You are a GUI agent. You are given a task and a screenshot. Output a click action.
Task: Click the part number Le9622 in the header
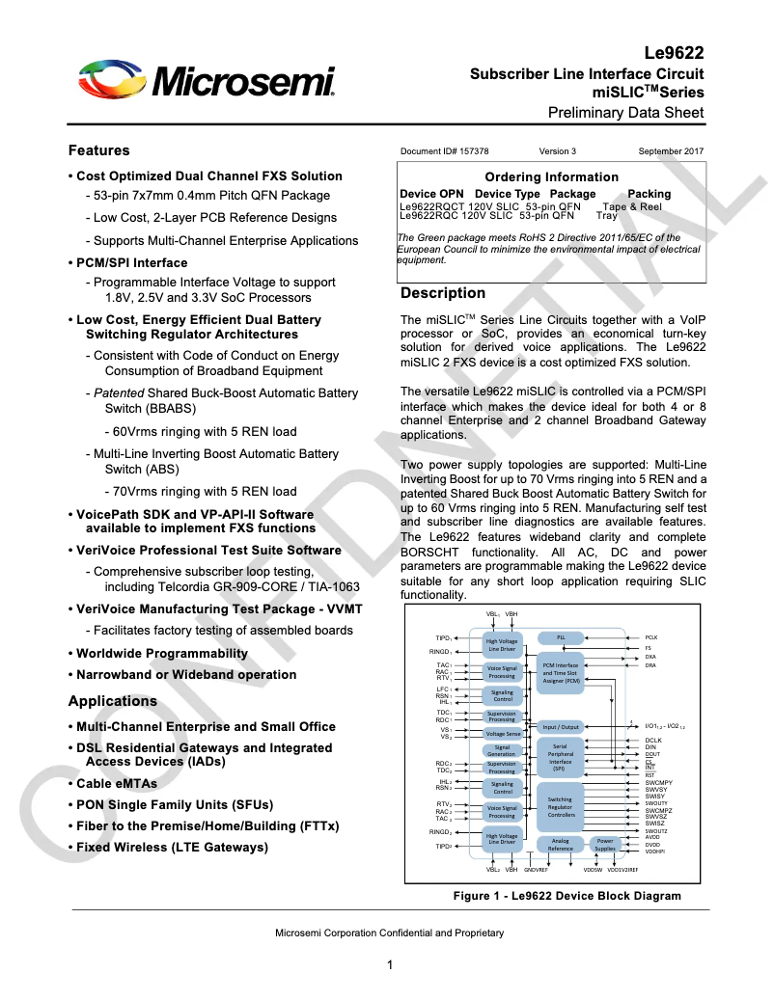tap(673, 54)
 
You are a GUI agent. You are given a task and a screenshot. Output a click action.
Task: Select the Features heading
tap(98, 150)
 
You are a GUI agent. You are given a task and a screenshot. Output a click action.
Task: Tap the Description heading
tap(443, 293)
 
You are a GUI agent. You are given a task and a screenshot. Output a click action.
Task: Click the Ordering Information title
tap(551, 176)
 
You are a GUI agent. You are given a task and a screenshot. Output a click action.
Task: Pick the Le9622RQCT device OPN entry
tap(433, 206)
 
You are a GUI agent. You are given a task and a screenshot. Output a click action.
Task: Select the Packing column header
tap(649, 194)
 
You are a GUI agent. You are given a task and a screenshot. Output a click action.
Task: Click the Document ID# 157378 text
tap(444, 151)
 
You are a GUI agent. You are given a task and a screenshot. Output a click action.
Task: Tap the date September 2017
tap(671, 151)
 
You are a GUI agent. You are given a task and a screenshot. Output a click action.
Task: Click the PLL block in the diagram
tap(560, 637)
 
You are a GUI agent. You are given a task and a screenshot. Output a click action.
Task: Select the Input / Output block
tap(560, 727)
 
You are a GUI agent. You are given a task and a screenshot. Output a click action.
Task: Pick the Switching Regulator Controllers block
tap(560, 807)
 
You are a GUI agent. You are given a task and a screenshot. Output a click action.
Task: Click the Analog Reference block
tap(560, 845)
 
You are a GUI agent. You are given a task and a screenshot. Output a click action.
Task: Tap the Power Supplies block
tap(604, 845)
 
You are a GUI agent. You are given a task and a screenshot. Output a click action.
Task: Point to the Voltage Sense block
tap(502, 734)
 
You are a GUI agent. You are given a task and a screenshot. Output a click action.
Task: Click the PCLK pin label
tap(650, 637)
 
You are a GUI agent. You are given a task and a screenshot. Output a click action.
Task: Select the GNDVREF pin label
tap(536, 870)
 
